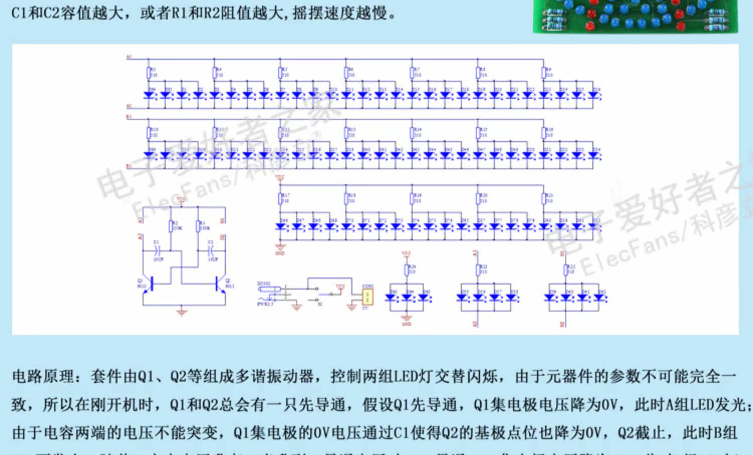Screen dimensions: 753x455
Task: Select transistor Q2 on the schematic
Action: pos(219,284)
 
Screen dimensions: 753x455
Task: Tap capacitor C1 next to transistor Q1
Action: pos(157,249)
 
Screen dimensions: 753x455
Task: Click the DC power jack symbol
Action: pos(266,289)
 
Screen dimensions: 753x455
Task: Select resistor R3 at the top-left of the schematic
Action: pos(149,72)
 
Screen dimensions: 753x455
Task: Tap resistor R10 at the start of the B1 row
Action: pos(149,132)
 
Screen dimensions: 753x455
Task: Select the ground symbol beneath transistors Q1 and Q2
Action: pos(181,312)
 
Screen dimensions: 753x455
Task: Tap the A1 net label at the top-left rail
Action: pos(129,57)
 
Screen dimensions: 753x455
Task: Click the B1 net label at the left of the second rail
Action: pos(129,117)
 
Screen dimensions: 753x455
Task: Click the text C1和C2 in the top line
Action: pos(35,13)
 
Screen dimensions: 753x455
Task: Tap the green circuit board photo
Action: pos(635,16)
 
